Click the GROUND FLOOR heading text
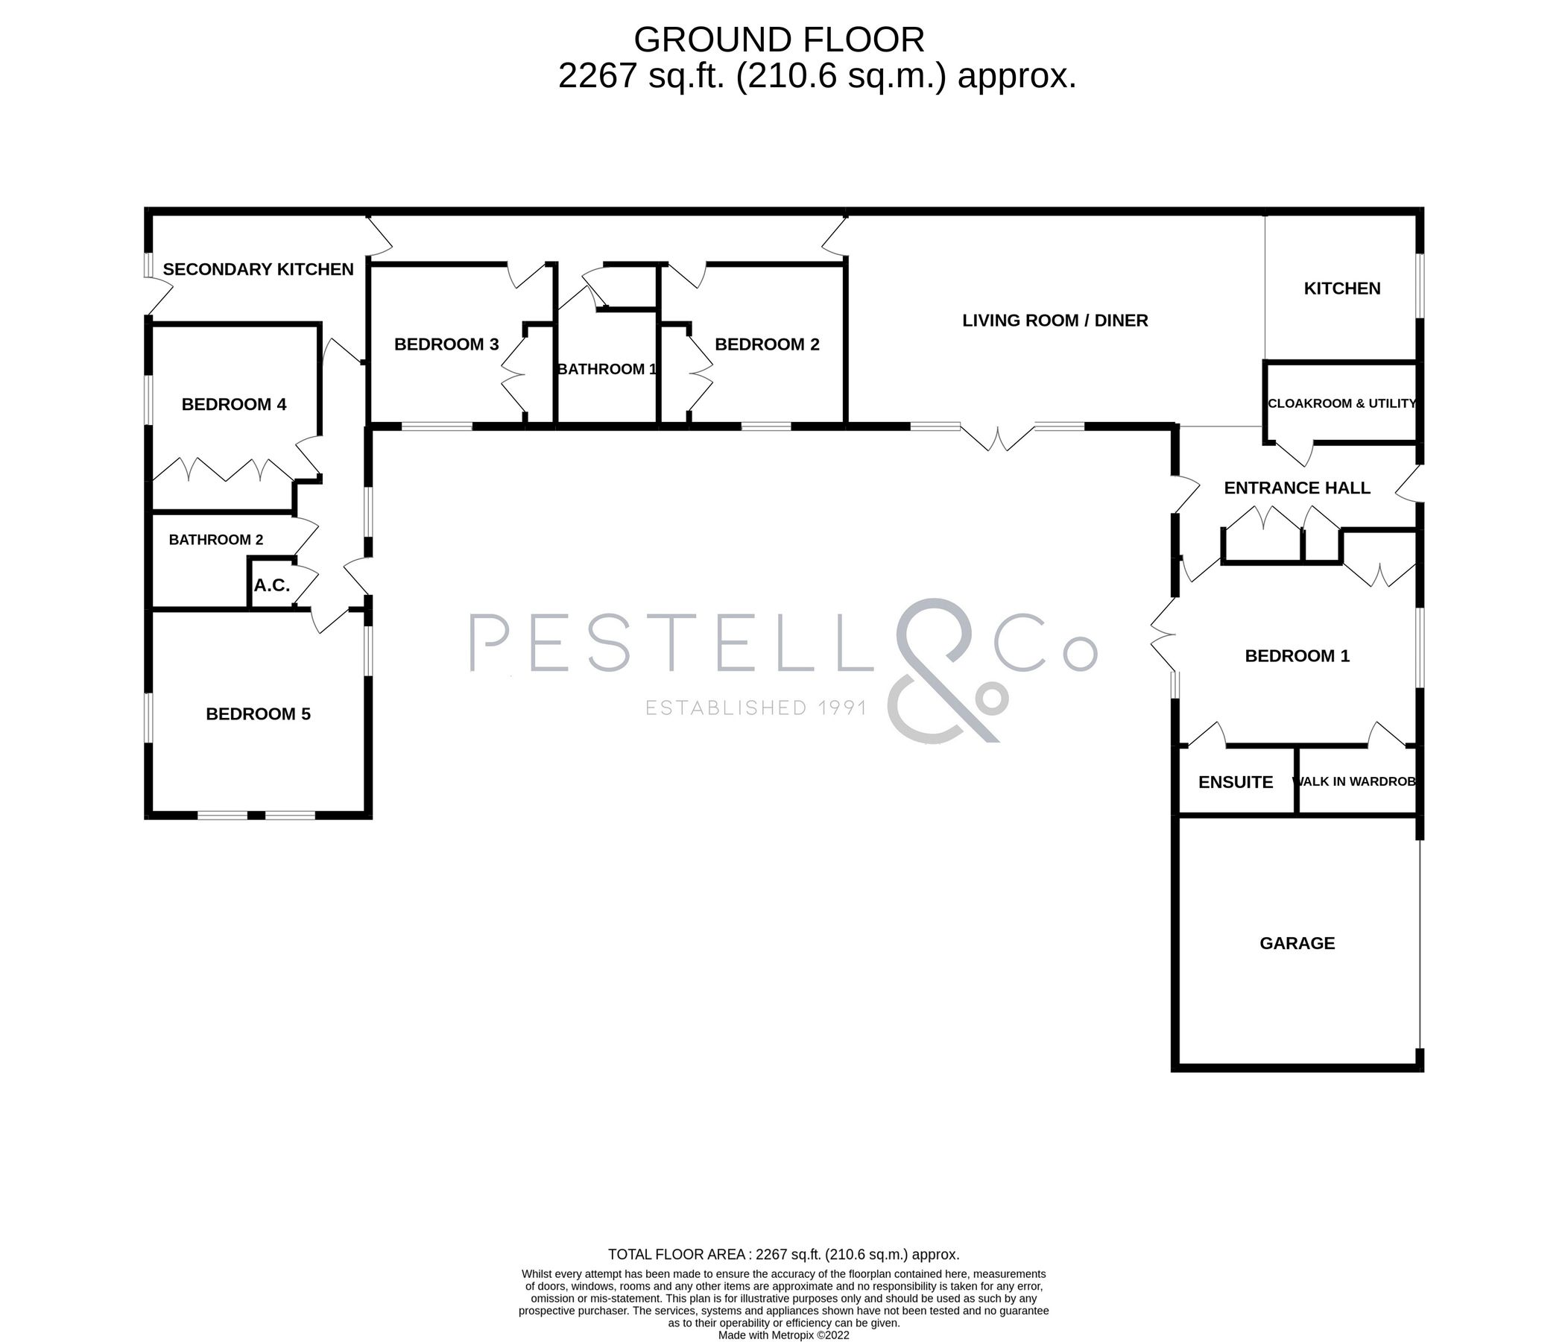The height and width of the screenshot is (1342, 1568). click(x=779, y=40)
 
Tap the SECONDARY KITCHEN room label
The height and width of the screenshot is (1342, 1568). click(x=258, y=269)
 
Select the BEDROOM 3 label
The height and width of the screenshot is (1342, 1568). click(x=446, y=344)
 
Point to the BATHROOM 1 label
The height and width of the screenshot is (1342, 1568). click(x=607, y=369)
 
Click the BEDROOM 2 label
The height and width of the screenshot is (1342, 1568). click(x=767, y=344)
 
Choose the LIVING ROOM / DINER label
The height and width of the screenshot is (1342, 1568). click(x=1055, y=321)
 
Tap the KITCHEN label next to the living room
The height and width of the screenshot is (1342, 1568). click(x=1341, y=289)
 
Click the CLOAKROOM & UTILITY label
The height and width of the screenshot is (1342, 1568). click(x=1341, y=403)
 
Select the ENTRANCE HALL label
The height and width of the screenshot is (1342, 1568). click(x=1297, y=488)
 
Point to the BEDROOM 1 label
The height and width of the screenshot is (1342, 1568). click(x=1297, y=656)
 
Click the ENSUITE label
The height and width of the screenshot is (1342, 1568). click(x=1236, y=783)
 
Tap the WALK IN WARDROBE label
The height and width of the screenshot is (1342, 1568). click(x=1355, y=782)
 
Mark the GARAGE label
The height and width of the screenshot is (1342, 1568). click(x=1297, y=943)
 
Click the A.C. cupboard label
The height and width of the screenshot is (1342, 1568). click(x=272, y=585)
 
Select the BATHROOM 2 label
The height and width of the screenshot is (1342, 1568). click(x=215, y=540)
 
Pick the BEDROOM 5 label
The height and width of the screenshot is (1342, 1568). click(x=258, y=714)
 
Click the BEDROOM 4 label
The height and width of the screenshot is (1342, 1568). click(x=234, y=405)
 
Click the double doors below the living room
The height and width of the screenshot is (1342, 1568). click(x=997, y=439)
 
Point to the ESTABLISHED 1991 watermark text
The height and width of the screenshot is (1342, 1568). click(x=755, y=708)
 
